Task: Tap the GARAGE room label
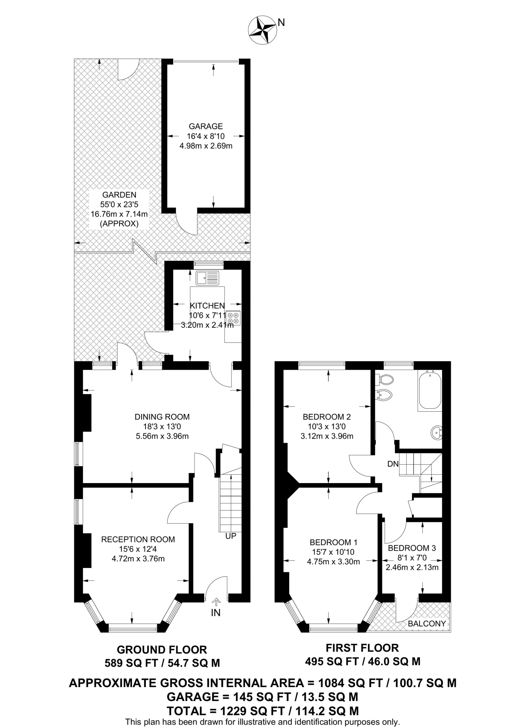206,126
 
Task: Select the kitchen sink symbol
207,278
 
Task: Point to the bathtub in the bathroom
430,389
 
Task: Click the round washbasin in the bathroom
436,433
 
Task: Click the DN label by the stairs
393,464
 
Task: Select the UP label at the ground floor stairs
231,536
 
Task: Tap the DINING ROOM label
162,417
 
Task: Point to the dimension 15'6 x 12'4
138,549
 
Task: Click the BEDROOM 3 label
412,548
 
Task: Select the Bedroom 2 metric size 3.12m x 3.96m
327,436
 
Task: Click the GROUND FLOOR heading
162,650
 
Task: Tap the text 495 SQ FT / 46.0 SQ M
363,662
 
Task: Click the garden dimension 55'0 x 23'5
119,204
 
